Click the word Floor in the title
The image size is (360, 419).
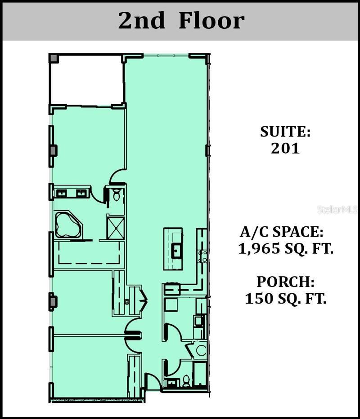click(x=211, y=21)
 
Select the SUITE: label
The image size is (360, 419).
click(x=285, y=132)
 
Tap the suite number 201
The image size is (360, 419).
click(x=285, y=148)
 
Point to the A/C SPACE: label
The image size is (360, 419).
click(x=282, y=232)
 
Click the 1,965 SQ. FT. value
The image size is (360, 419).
click(x=286, y=249)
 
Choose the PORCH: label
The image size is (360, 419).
click(x=285, y=282)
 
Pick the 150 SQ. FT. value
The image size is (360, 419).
click(x=285, y=299)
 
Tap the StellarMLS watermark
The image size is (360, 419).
click(x=337, y=210)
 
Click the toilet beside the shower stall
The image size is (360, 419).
click(x=117, y=195)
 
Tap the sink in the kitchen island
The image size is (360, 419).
click(x=176, y=249)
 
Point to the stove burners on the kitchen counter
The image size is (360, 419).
click(x=203, y=256)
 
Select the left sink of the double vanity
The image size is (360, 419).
click(x=62, y=194)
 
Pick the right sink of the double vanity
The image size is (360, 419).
click(x=81, y=194)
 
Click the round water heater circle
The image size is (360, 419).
click(x=200, y=350)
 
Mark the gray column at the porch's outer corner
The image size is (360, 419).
click(x=53, y=58)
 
